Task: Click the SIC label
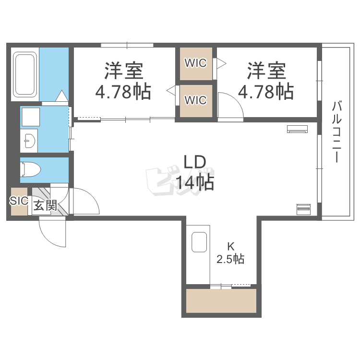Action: pyautogui.click(x=19, y=201)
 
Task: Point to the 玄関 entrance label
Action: pyautogui.click(x=45, y=206)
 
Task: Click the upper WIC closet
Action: pyautogui.click(x=196, y=63)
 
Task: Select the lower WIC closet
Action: pyautogui.click(x=196, y=100)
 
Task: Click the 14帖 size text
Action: pyautogui.click(x=194, y=182)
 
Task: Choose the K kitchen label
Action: pyautogui.click(x=230, y=247)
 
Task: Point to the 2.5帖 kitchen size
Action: pyautogui.click(x=230, y=259)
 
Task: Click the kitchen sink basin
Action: pyautogui.click(x=199, y=242)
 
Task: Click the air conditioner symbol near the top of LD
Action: pyautogui.click(x=298, y=128)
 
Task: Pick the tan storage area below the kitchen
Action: pyautogui.click(x=221, y=301)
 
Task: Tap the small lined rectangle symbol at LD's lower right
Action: pyautogui.click(x=304, y=209)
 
